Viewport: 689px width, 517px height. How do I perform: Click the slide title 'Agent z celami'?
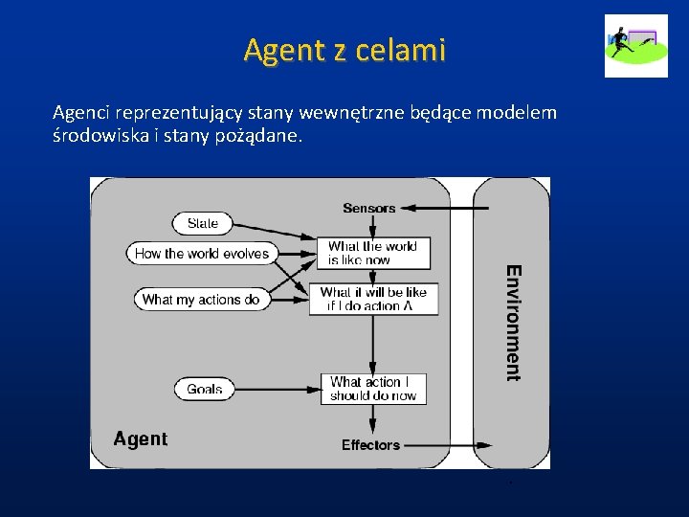click(344, 49)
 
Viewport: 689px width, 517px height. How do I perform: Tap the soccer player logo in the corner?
click(635, 45)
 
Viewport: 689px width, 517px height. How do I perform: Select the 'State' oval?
click(202, 223)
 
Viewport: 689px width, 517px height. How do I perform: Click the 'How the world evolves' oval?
click(202, 254)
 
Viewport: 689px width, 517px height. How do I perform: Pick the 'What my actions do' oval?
click(200, 299)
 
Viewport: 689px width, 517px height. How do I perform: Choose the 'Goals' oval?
click(204, 389)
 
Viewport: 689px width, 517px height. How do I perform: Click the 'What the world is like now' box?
click(372, 253)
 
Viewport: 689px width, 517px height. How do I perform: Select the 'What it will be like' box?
click(373, 299)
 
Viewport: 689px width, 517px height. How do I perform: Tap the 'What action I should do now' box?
click(372, 388)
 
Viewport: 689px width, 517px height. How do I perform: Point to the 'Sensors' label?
click(368, 208)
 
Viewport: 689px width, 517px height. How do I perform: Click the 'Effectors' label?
click(370, 445)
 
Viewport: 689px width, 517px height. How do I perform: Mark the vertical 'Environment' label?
click(514, 323)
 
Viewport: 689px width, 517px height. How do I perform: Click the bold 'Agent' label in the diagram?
click(140, 439)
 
